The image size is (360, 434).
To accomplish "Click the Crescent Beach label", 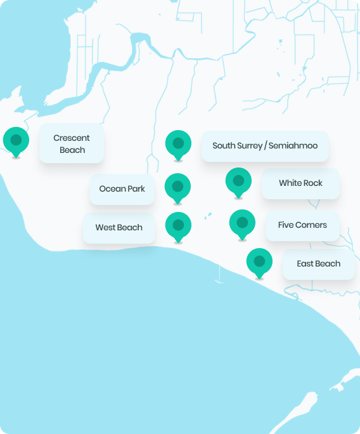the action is [x=72, y=143].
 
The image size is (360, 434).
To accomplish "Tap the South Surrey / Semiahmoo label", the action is [x=265, y=146].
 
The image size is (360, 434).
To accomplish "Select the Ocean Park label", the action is [x=122, y=189].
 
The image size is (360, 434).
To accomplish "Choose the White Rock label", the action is [x=300, y=183].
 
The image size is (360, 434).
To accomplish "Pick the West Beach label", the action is [x=119, y=228].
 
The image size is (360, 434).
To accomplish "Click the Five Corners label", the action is [x=302, y=225].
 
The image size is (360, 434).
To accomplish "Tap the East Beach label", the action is [x=319, y=264].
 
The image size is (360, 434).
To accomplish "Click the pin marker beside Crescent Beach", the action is [x=16, y=141].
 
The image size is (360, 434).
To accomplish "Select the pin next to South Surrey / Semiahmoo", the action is [x=178, y=145].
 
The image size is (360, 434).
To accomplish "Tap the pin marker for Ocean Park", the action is [x=177, y=188].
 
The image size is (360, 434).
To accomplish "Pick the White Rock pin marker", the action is [x=238, y=182].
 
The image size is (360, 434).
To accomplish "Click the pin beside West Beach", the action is [x=178, y=227].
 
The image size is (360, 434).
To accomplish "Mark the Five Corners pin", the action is [x=242, y=224].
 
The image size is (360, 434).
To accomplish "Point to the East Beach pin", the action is [x=259, y=263].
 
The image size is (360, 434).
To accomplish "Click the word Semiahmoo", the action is [x=293, y=145].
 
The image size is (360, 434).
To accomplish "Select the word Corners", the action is [x=311, y=225].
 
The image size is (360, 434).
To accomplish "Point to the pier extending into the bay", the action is [x=219, y=274].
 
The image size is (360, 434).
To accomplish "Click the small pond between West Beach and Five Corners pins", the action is [x=208, y=216].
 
